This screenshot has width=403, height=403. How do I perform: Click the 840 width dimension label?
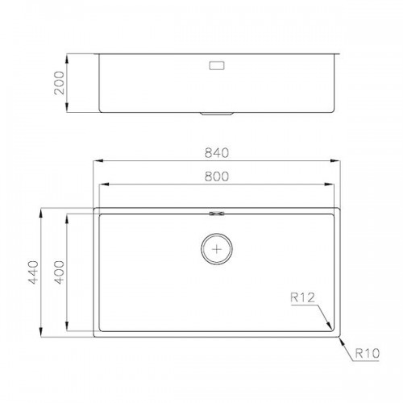[x=217, y=152]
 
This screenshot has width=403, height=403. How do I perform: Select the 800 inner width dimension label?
[x=217, y=177]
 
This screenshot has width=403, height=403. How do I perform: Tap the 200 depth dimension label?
[x=60, y=83]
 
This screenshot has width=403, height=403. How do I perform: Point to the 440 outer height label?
[x=34, y=272]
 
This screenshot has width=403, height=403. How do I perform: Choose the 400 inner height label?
[x=60, y=272]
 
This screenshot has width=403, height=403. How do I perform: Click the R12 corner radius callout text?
[x=302, y=297]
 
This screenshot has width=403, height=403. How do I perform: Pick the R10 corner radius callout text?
[x=368, y=353]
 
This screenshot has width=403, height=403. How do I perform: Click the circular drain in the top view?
[x=217, y=248]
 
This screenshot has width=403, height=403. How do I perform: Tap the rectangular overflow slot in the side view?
[x=217, y=65]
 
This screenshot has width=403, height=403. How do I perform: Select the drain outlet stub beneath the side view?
[x=217, y=114]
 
